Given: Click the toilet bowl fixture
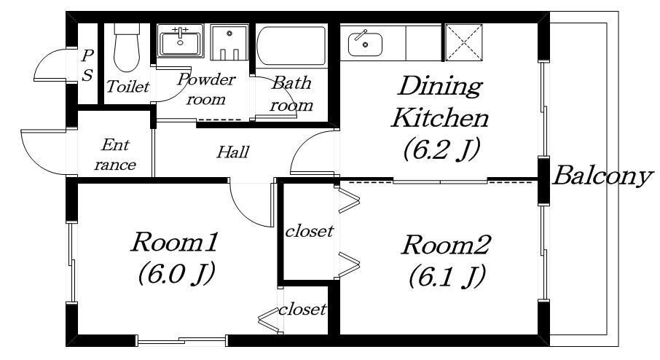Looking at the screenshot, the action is tap(127, 47).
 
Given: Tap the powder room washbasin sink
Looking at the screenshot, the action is tap(180, 42).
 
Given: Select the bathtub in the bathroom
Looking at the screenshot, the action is tap(291, 46).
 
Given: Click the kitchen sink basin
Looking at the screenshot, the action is tap(366, 44).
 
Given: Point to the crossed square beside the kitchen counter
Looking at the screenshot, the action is tap(463, 42).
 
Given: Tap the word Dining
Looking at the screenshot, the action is tap(439, 85).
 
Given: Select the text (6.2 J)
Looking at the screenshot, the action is tap(441, 149).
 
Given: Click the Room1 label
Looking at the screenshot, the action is tap(175, 242).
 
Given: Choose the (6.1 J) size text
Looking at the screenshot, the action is tap(447, 275).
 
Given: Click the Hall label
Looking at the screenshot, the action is tap(233, 152).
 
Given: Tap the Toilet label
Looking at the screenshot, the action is tap(127, 86).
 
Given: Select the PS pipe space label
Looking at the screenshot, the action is tap(87, 66).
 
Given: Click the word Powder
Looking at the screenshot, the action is tap(207, 79).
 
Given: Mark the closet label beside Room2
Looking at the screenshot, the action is tap(310, 231).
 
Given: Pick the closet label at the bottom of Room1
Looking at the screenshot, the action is tap(302, 310).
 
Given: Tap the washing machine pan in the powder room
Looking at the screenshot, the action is tap(229, 42).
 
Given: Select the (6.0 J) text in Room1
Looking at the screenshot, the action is tap(177, 273).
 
